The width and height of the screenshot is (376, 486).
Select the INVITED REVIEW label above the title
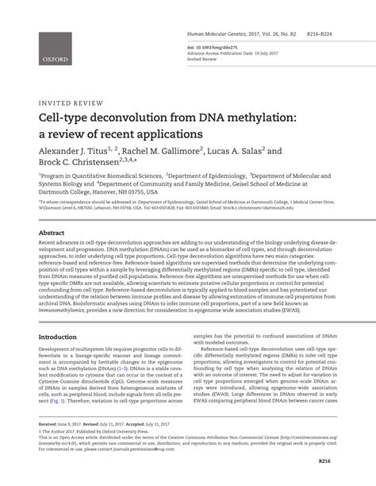(x=74, y=103)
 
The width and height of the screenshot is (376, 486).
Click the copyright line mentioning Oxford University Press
(x=82, y=433)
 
